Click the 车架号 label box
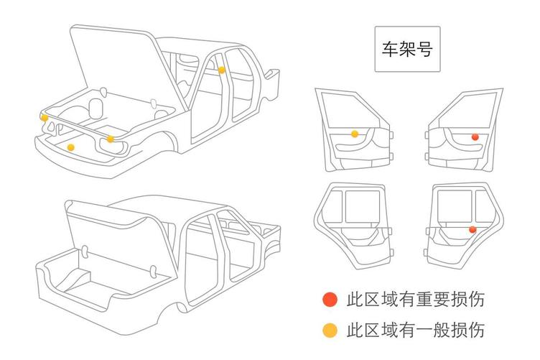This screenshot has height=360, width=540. pyautogui.click(x=407, y=50)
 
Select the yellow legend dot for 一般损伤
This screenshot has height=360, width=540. pyautogui.click(x=330, y=331)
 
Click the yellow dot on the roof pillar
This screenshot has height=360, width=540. pyautogui.click(x=222, y=70)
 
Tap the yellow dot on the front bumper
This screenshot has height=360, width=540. pyautogui.click(x=70, y=147)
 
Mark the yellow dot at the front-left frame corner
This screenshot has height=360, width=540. pyautogui.click(x=45, y=117)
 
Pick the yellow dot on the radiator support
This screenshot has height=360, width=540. pyautogui.click(x=110, y=139)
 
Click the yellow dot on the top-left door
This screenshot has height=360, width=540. pyautogui.click(x=355, y=134)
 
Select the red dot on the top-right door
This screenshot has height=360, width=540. pyautogui.click(x=475, y=137)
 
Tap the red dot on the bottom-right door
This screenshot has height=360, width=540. pyautogui.click(x=472, y=229)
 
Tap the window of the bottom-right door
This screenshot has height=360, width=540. pyautogui.click(x=455, y=205)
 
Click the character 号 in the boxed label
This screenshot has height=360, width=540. pyautogui.click(x=424, y=50)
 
